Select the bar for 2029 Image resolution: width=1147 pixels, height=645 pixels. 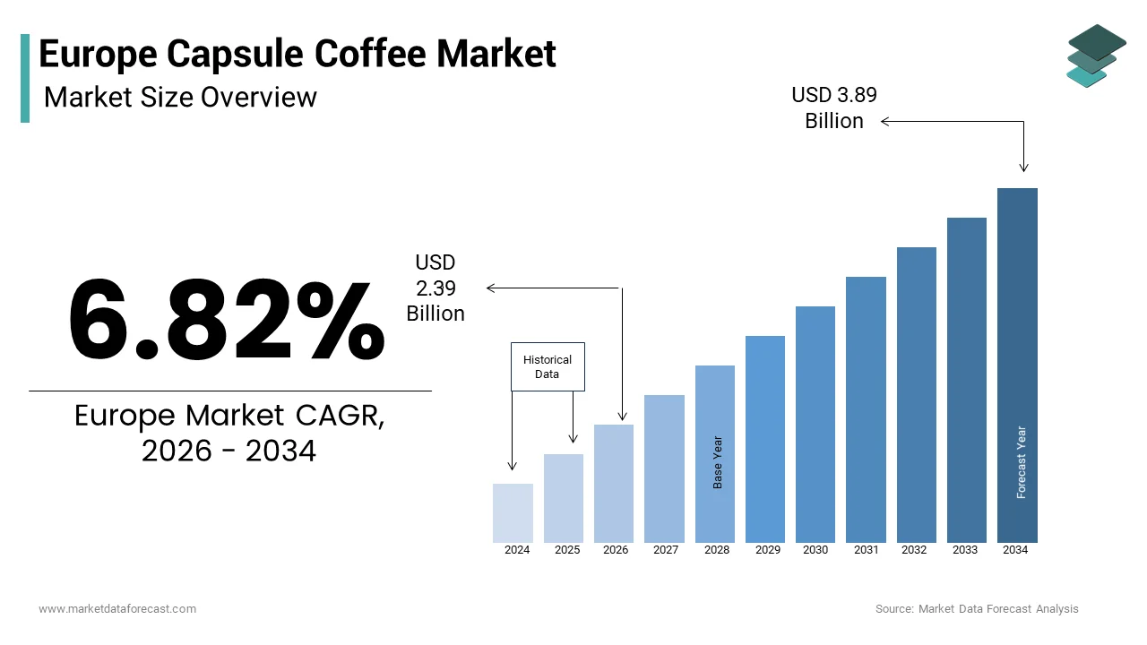click(764, 439)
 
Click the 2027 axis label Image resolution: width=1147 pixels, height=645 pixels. click(665, 550)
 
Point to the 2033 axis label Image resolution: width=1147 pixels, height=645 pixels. click(965, 550)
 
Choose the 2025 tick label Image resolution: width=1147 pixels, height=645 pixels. click(566, 550)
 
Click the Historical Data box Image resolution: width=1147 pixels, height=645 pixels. click(548, 366)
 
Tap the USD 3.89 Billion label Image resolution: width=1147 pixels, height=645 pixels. click(834, 107)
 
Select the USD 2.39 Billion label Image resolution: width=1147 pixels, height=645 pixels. click(436, 288)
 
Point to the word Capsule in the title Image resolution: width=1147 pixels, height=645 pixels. click(227, 54)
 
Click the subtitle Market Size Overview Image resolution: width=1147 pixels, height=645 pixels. click(180, 96)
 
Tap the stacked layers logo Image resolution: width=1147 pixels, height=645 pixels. click(1096, 55)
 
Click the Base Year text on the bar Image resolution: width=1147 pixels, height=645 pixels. click(718, 462)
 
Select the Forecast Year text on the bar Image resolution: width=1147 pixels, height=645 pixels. click(1022, 462)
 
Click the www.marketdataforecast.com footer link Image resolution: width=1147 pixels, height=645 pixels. click(117, 609)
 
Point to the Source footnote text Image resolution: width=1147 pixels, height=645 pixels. click(977, 609)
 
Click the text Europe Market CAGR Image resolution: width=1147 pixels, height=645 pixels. click(229, 416)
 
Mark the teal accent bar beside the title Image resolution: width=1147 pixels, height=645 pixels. click(25, 78)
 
